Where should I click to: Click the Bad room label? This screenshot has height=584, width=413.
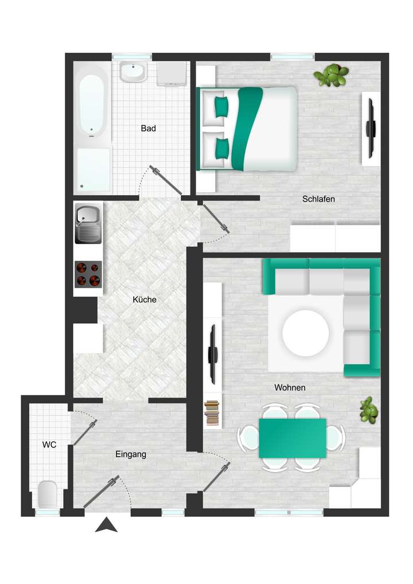148,129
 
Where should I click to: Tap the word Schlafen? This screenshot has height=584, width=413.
318,199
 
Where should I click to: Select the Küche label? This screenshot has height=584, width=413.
144,299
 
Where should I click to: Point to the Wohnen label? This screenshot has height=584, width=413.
290,388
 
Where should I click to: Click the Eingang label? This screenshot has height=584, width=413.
131,454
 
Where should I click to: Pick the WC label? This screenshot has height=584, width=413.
49,445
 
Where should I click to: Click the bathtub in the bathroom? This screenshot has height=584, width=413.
92,106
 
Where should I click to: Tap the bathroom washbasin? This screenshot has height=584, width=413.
134,72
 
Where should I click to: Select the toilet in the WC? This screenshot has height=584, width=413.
47,494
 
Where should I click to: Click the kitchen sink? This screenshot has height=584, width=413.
88,224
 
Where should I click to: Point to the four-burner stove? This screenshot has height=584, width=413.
88,274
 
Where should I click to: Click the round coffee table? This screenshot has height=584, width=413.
306,333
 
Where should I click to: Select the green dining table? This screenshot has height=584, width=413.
292,438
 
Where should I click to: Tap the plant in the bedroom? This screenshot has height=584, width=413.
332,76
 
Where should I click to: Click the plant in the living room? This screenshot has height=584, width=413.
369,410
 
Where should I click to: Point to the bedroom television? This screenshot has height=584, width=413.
371,126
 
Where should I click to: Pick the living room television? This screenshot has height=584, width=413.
212,354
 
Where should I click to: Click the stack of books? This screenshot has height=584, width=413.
212,413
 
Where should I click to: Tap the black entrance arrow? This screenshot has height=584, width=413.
106,524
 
